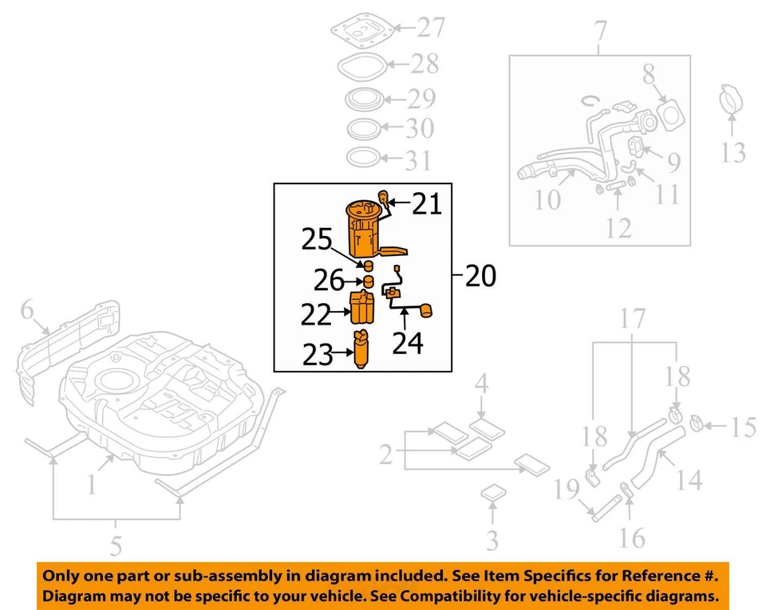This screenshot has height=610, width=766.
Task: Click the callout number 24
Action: tap(407, 343)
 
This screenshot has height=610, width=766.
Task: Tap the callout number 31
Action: tap(417, 161)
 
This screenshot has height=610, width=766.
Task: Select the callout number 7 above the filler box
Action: tap(600, 33)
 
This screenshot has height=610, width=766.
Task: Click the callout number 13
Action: tap(732, 151)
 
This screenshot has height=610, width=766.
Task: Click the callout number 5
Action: tap(116, 547)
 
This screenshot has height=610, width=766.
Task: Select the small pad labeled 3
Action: tap(491, 494)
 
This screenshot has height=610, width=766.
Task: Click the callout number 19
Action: tap(568, 490)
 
